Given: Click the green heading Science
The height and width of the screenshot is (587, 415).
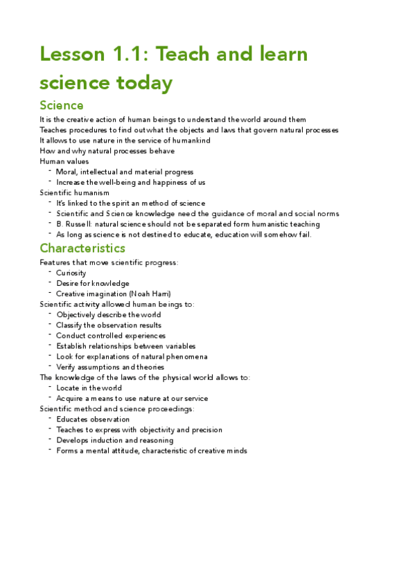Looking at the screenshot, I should [x=62, y=105].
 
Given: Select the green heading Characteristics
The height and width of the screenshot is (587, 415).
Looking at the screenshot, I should [x=82, y=248].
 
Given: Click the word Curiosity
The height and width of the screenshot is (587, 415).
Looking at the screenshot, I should [x=71, y=273].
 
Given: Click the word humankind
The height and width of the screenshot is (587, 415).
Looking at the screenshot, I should [x=190, y=141].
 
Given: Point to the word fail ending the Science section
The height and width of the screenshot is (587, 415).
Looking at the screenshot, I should [x=304, y=235].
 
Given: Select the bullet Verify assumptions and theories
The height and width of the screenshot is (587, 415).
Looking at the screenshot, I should [x=110, y=367].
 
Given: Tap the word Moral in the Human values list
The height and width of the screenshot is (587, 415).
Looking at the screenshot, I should [x=67, y=172].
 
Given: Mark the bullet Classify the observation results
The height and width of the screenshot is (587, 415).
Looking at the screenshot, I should [x=109, y=325].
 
